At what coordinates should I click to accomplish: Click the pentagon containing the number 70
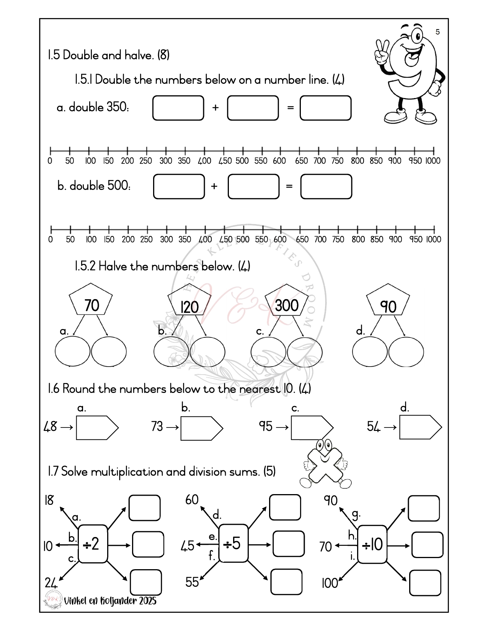tap(91, 300)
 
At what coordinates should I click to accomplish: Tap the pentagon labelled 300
tap(287, 300)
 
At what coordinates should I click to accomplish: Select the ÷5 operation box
tap(233, 543)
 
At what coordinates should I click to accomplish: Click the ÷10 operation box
tap(372, 544)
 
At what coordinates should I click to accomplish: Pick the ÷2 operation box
tap(93, 544)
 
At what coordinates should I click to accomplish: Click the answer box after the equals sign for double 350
tap(325, 108)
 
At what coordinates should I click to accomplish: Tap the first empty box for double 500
tap(179, 187)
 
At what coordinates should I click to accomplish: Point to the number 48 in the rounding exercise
tap(50, 426)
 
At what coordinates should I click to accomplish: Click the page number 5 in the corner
tap(438, 32)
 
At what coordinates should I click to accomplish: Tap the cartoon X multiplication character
tap(325, 464)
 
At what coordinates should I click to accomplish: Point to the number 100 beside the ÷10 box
tap(330, 583)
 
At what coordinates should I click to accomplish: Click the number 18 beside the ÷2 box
tap(49, 500)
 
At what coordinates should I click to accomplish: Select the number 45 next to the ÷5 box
tap(188, 546)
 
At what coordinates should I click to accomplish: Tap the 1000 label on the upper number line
tap(433, 161)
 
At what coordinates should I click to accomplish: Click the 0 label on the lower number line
tap(51, 239)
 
